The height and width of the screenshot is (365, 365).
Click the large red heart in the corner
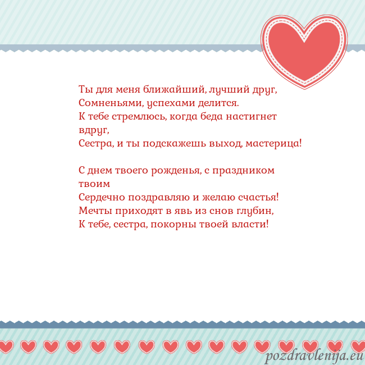pos(304,49)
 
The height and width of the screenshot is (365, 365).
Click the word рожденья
pos(171,170)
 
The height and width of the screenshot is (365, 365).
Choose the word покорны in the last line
pos(177,224)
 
